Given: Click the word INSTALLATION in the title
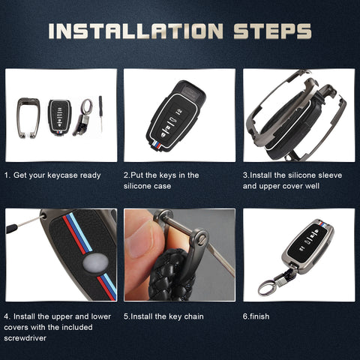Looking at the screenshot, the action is (136, 31).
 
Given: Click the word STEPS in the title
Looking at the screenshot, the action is (272, 31).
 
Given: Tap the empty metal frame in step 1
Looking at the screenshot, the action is (19, 118).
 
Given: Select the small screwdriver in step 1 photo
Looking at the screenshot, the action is (100, 114).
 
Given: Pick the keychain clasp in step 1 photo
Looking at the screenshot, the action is (83, 118).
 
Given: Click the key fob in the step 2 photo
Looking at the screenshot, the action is (175, 116).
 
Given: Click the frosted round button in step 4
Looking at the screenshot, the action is (95, 263).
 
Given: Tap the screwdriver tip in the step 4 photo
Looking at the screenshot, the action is (42, 217).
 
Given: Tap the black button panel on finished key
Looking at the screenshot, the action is (308, 241).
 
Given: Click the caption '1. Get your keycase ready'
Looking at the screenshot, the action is (52, 175).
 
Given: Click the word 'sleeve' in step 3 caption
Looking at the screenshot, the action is (330, 175).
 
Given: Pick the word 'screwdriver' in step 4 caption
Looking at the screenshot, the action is (25, 338).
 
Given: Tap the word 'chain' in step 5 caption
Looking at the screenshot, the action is (193, 316).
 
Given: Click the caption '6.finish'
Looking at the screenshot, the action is (256, 316).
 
